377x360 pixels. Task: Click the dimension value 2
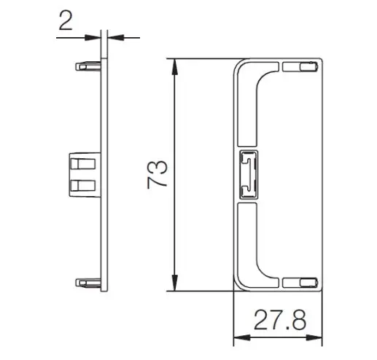tap(66, 21)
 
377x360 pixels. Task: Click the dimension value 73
tap(158, 174)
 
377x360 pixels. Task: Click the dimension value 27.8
tap(280, 319)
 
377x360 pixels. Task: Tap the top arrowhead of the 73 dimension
tap(174, 67)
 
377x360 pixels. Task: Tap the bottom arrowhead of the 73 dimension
tap(174, 283)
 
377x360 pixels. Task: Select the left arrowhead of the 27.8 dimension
tap(241, 337)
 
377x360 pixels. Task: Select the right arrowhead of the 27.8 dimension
tap(314, 337)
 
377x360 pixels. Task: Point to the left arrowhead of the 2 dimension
tap(93, 38)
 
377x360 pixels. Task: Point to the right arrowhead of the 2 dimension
tap(115, 37)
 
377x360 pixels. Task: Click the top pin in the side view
tap(88, 66)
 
